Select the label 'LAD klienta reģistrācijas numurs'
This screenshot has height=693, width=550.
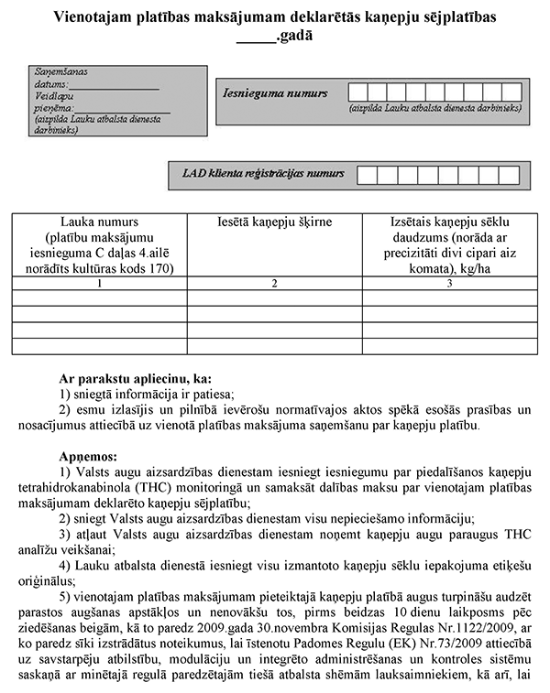(x=263, y=172)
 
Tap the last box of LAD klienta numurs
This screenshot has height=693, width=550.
(x=514, y=174)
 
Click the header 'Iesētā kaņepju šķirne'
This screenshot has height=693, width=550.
(x=275, y=222)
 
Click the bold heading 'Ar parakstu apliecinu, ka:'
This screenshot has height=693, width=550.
(x=135, y=377)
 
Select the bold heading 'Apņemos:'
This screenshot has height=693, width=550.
(x=87, y=455)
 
